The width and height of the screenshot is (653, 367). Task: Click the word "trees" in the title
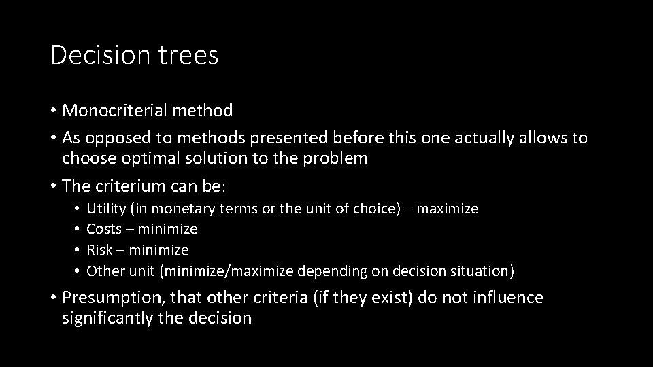[x=191, y=55]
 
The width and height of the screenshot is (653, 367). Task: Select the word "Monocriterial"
[x=118, y=110]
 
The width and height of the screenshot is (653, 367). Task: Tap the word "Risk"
[x=100, y=250]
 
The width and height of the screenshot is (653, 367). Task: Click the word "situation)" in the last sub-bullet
[x=482, y=271]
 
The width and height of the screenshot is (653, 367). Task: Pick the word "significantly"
[x=107, y=318]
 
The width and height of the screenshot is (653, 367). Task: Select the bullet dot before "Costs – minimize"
[x=79, y=230]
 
